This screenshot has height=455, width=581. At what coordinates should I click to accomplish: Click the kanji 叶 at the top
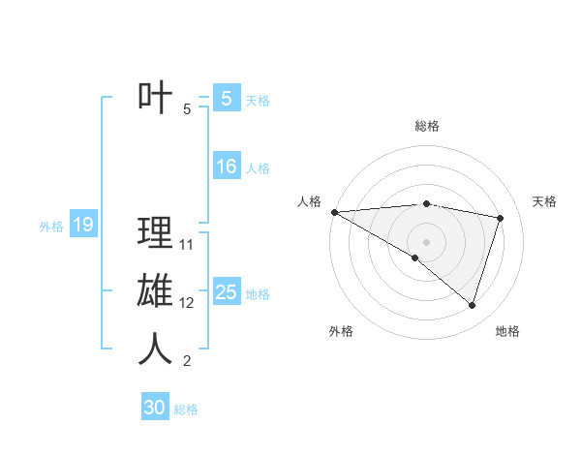155,98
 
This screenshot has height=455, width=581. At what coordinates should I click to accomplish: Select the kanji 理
155,233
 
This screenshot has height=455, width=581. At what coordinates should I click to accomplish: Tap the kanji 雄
155,291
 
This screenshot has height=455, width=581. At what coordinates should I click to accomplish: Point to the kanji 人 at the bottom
155,349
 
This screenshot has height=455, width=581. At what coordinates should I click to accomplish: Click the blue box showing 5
226,98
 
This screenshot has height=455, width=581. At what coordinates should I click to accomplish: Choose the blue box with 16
226,167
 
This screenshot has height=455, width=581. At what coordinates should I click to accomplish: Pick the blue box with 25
226,292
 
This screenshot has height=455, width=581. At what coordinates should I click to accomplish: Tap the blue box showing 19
83,226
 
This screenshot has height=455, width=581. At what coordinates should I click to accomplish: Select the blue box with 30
155,408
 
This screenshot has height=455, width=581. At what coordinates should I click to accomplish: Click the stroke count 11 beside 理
187,245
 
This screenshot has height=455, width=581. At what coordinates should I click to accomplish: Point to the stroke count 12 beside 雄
187,303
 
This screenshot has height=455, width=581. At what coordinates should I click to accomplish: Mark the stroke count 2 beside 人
187,362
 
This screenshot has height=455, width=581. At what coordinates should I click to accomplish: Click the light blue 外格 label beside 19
51,227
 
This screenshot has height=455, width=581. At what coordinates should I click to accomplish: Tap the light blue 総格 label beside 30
186,409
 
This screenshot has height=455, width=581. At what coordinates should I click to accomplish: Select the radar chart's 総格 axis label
426,126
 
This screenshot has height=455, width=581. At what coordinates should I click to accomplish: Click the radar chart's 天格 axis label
544,201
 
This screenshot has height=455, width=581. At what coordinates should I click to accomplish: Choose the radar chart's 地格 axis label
507,331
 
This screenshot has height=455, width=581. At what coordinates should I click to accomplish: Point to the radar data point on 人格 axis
334,211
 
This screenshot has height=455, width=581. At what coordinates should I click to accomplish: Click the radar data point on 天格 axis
501,218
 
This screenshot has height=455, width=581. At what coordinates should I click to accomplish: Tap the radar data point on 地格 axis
472,306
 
